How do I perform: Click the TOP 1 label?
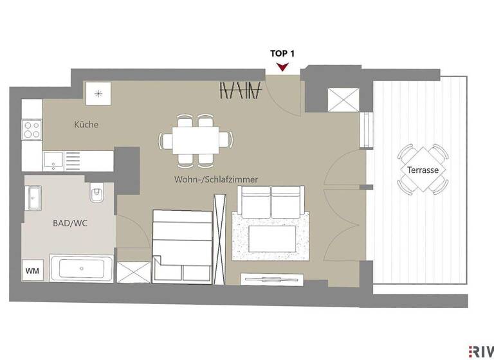(282, 53)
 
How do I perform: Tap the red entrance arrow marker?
(282, 66)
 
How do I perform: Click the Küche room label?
(86, 125)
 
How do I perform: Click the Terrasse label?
(422, 171)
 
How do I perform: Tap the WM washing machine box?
(32, 271)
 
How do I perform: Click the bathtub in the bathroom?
(82, 268)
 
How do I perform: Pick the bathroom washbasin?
(33, 197)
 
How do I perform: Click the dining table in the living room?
(196, 139)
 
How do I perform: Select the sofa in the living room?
(270, 201)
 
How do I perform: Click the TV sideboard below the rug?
(271, 278)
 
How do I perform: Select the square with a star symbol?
(98, 93)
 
